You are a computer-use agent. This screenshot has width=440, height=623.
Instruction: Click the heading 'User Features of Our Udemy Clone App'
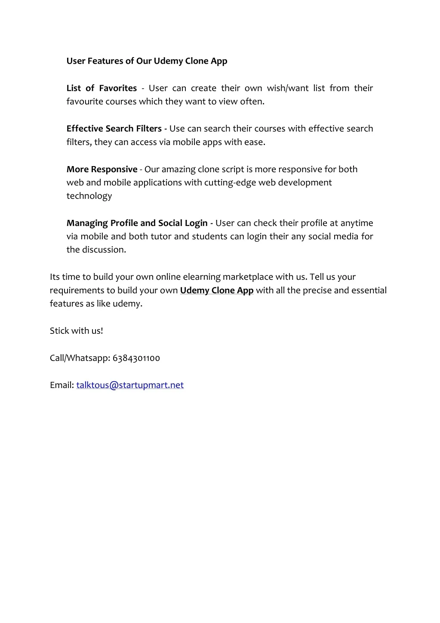[x=147, y=61]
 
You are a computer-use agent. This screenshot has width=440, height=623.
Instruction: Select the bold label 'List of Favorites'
[x=102, y=88]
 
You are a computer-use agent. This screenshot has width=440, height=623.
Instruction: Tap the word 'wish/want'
[x=288, y=88]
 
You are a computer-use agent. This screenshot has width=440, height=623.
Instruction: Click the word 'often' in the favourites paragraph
[x=253, y=102]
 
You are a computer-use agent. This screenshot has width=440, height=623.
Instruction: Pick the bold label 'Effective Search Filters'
[x=114, y=129]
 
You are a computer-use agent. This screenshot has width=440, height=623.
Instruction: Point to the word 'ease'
[x=254, y=142]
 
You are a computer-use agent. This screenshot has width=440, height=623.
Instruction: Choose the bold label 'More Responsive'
[x=102, y=169]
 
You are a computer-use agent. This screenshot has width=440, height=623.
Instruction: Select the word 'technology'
[x=89, y=196]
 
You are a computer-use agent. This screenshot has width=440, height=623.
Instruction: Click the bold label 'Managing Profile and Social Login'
[x=137, y=223]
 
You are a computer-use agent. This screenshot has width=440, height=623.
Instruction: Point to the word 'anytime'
[x=357, y=223]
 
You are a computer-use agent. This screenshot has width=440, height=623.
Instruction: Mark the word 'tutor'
[x=161, y=236]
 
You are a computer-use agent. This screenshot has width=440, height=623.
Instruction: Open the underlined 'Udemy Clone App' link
[x=217, y=290]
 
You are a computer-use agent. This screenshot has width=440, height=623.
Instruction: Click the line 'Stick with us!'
[x=77, y=331]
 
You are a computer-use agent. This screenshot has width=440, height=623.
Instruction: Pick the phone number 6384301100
[x=136, y=358]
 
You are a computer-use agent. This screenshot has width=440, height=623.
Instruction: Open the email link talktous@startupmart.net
[x=130, y=385]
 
